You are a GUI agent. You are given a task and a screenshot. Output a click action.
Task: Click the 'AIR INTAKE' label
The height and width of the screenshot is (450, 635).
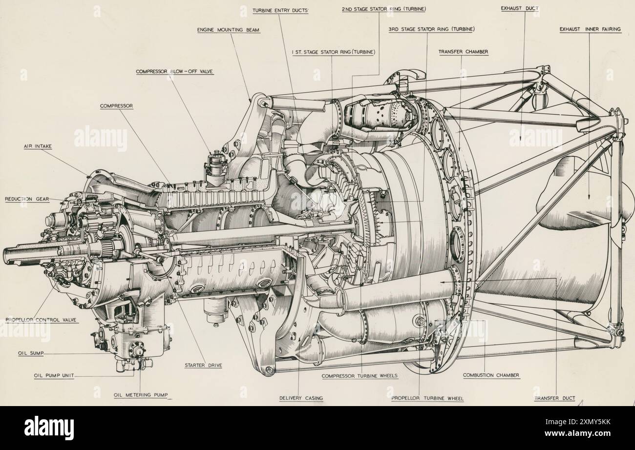pyautogui.click(x=37, y=146)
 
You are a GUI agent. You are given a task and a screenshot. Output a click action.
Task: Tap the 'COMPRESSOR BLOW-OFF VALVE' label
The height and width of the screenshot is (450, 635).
pyautogui.click(x=174, y=71)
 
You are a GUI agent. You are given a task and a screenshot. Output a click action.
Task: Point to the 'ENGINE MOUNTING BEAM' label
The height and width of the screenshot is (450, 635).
pyautogui.click(x=228, y=30)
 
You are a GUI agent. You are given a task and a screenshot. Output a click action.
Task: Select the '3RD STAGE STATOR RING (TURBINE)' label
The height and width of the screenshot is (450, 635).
pyautogui.click(x=431, y=29)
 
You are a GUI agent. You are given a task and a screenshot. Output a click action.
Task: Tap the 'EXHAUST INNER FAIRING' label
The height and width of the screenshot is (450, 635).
pyautogui.click(x=590, y=29)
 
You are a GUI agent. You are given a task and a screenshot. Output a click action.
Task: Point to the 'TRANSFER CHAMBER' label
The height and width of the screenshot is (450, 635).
pyautogui.click(x=463, y=51)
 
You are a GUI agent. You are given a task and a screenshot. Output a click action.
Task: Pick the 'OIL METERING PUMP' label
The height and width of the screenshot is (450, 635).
pyautogui.click(x=143, y=396)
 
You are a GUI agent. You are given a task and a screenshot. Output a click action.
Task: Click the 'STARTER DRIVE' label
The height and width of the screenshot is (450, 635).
pyautogui.click(x=203, y=365)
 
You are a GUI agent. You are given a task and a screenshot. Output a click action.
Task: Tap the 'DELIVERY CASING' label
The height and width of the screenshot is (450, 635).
pyautogui.click(x=301, y=398)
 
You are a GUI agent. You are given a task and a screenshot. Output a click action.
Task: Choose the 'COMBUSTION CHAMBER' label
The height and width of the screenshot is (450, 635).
pyautogui.click(x=491, y=375)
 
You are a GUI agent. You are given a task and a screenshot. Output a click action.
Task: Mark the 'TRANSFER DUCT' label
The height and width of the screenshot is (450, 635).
pyautogui.click(x=554, y=398)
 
